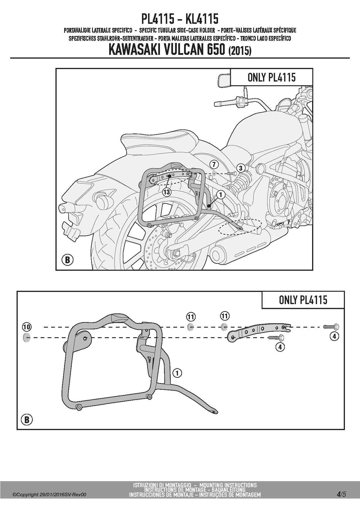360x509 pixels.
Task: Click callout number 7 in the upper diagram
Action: tap(214, 164)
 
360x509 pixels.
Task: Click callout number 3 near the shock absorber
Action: tap(240, 168)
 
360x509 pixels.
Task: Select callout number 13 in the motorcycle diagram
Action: tap(167, 192)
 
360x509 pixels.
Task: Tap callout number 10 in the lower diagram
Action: tap(26, 327)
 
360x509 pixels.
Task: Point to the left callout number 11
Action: tap(191, 317)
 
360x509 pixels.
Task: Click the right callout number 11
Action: tap(225, 316)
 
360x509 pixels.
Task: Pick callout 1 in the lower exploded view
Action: tap(177, 373)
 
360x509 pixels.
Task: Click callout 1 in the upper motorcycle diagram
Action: tap(221, 194)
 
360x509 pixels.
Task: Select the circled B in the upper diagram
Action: tap(67, 260)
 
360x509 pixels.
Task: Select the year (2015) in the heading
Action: tap(240, 51)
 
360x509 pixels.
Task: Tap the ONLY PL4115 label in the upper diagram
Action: tap(271, 77)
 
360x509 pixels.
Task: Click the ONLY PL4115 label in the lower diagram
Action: tap(303, 300)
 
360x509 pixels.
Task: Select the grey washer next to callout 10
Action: tap(27, 337)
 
